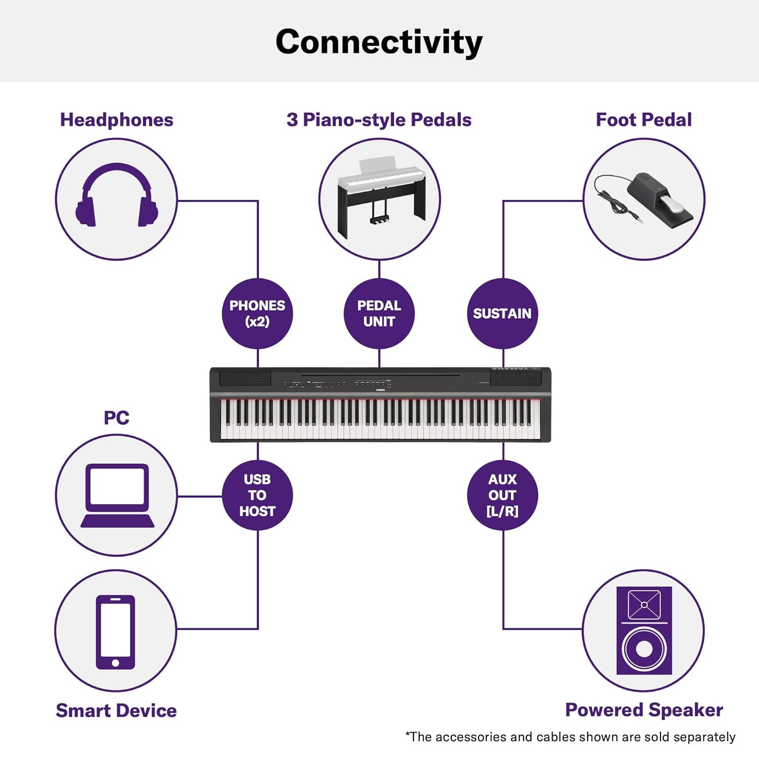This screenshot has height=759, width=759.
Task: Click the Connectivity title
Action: click(379, 42)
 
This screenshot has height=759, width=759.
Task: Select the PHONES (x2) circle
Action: click(258, 313)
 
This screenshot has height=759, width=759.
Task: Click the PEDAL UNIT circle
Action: click(379, 313)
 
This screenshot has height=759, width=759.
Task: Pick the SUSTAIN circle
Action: click(502, 313)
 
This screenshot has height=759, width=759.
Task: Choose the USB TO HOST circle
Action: click(258, 495)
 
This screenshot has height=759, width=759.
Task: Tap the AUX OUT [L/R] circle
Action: click(502, 495)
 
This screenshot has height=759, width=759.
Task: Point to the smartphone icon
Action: click(115, 632)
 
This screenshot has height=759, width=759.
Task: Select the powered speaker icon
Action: click(644, 630)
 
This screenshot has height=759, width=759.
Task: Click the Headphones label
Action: click(116, 120)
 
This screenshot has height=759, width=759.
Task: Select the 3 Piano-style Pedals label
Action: click(379, 120)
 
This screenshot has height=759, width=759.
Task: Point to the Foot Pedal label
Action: click(644, 120)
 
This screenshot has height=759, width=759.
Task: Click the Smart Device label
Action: click(116, 710)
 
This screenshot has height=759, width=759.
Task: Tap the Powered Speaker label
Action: click(644, 710)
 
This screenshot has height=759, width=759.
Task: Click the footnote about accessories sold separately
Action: click(570, 737)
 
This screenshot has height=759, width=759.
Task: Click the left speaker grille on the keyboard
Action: click(245, 378)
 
